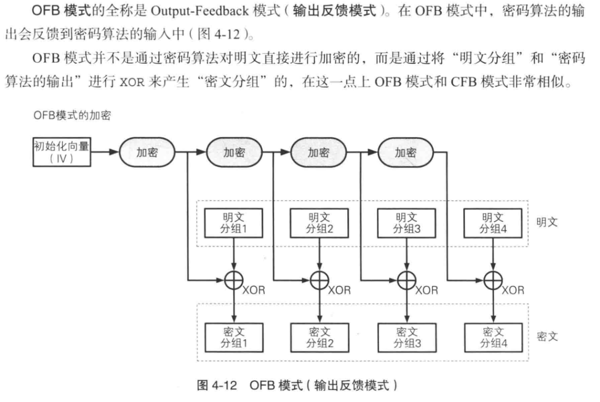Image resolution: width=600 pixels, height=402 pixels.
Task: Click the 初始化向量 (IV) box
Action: click(62, 151)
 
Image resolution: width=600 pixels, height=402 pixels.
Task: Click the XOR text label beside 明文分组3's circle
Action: click(427, 290)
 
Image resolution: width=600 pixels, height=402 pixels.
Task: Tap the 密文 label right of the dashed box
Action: click(547, 337)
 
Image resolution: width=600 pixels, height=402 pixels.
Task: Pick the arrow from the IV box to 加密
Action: click(106, 151)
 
